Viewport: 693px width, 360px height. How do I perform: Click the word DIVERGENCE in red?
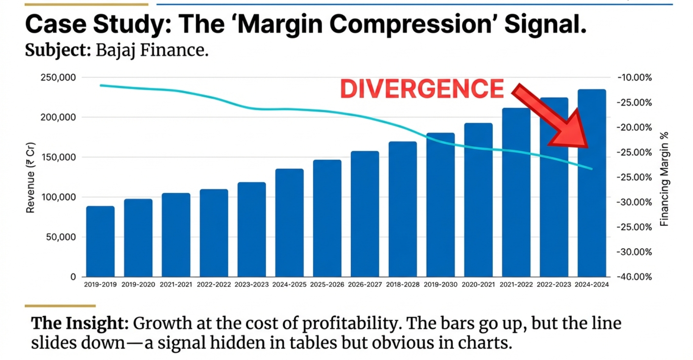click(422, 89)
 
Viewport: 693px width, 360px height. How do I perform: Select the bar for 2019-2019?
click(100, 241)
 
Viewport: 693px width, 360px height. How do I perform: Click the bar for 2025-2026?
click(327, 218)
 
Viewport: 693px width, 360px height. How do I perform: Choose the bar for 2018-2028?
click(403, 209)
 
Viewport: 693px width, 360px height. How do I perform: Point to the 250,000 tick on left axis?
click(58, 77)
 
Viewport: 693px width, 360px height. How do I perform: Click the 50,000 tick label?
click(61, 237)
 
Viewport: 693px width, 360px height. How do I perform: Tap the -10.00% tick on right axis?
click(634, 78)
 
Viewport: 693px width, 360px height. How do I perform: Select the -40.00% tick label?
click(634, 277)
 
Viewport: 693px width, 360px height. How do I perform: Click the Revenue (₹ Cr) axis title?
click(30, 177)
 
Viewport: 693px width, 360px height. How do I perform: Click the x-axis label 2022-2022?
click(214, 285)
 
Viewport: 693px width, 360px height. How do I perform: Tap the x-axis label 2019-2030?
click(440, 285)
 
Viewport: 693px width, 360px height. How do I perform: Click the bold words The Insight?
click(80, 323)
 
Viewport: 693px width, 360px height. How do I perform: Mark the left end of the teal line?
click(101, 85)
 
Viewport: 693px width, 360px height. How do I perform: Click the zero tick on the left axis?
click(73, 277)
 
